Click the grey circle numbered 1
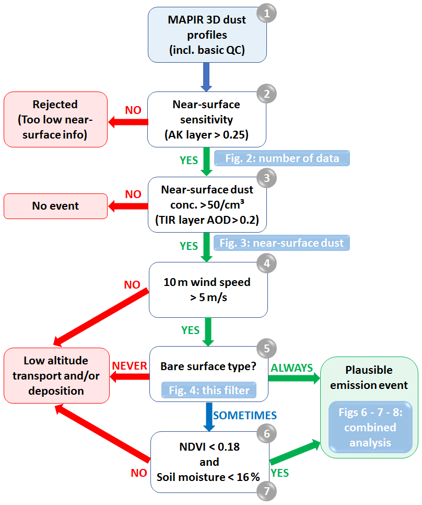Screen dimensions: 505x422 pos(266,14)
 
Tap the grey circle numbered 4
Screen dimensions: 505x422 pos(266,263)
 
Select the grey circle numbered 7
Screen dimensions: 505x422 pos(266,491)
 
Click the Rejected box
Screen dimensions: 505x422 pos(55,119)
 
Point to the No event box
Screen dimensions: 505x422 pos(55,206)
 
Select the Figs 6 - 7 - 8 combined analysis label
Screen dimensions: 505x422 pos(369,428)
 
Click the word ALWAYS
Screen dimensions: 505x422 pos(291,368)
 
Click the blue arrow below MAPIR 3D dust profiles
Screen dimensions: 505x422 pos(207,76)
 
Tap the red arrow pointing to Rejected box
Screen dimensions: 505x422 pos(128,122)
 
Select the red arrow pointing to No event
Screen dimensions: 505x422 pos(128,206)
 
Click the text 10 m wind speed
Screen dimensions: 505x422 pos(207,282)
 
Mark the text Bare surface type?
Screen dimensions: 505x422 pos(208,366)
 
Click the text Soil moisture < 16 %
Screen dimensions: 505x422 pos(208,477)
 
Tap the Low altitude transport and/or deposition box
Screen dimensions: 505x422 pos(56,375)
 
